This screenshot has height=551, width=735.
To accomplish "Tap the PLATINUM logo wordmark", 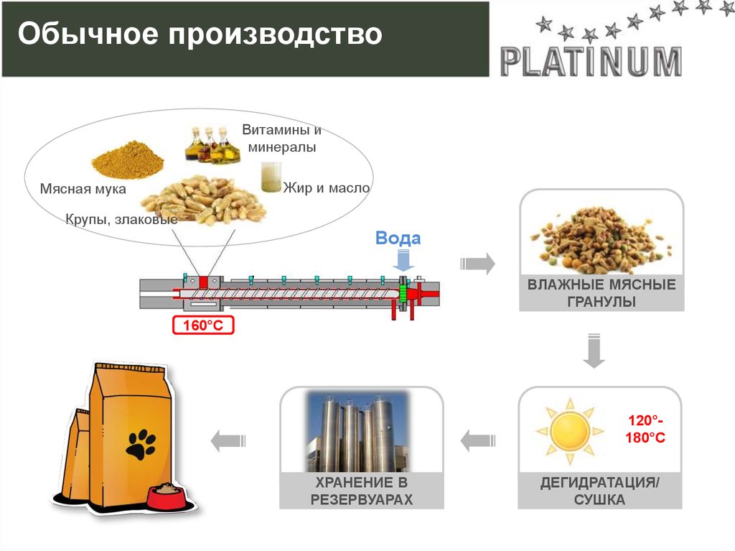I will click(591, 62).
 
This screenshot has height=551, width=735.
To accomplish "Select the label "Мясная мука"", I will click(83, 189).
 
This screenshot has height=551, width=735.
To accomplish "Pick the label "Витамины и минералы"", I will click(281, 139).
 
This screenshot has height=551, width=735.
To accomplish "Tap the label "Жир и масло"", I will click(327, 188).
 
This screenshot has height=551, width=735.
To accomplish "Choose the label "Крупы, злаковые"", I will click(121, 219).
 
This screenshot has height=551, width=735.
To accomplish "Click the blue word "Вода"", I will click(398, 239).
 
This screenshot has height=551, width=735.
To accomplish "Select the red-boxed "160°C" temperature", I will click(203, 325).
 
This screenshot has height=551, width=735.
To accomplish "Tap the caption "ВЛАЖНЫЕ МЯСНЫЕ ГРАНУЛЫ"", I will click(601, 293).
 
